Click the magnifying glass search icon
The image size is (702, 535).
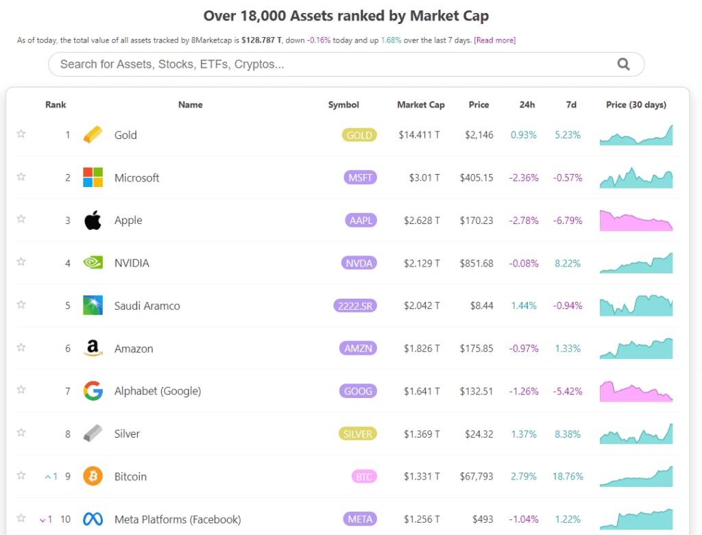623,64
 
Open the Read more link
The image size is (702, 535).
495,40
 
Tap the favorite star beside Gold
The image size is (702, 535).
21,134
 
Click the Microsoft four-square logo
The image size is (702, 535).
93,177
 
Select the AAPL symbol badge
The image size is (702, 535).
361,220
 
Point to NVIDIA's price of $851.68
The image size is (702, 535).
476,263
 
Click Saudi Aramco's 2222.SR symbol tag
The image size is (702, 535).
355,306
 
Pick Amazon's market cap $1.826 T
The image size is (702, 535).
422,349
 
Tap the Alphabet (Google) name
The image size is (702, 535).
158,391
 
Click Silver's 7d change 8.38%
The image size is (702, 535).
567,434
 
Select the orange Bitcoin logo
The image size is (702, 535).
93,476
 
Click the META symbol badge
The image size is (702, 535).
360,519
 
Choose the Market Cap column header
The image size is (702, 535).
421,105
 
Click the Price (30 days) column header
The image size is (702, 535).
636,105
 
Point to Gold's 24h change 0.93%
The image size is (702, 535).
523,135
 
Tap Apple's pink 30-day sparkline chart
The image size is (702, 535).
636,221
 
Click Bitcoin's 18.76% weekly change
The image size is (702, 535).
568,476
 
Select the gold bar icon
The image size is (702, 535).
93,134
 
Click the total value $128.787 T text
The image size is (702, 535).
261,40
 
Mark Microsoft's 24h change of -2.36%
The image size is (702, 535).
523,178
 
